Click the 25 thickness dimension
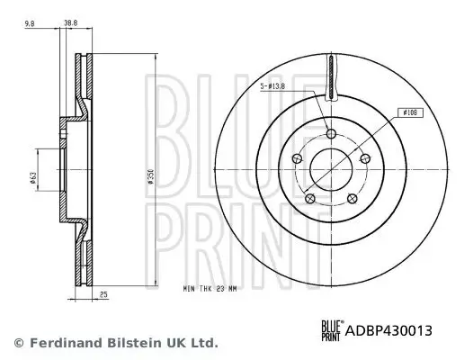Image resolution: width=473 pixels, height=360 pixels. [105, 294]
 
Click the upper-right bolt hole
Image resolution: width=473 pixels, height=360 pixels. [363, 159]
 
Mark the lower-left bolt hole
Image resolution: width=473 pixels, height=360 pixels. [309, 198]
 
